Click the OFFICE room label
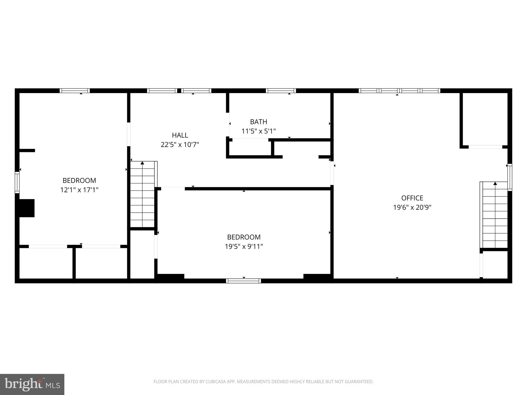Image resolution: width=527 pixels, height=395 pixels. [x=412, y=198]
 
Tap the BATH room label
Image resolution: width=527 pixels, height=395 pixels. [x=258, y=122]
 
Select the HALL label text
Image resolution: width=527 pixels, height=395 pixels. [x=180, y=135]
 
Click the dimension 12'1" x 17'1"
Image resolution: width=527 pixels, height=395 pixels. [x=79, y=190]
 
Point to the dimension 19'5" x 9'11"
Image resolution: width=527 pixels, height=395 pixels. [x=244, y=247]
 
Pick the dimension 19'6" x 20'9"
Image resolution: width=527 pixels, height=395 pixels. [x=412, y=208]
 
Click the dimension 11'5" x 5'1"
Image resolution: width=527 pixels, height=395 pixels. [x=258, y=131]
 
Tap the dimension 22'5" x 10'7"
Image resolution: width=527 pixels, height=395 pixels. [x=180, y=145]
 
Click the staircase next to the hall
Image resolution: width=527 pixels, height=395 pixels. [x=142, y=194]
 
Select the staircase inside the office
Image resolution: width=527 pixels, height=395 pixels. [x=495, y=215]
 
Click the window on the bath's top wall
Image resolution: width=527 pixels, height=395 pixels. [x=280, y=91]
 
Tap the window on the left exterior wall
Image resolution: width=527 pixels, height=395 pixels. [x=17, y=183]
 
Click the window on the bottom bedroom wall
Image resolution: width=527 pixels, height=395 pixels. [x=243, y=281]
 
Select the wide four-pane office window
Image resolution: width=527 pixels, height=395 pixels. [x=399, y=91]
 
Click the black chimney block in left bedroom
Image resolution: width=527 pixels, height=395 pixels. [x=27, y=208]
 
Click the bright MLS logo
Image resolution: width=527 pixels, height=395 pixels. [x=32, y=384]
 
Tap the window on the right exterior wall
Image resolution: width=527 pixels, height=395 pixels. [x=510, y=177]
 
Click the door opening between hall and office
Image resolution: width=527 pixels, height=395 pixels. [x=332, y=173]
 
